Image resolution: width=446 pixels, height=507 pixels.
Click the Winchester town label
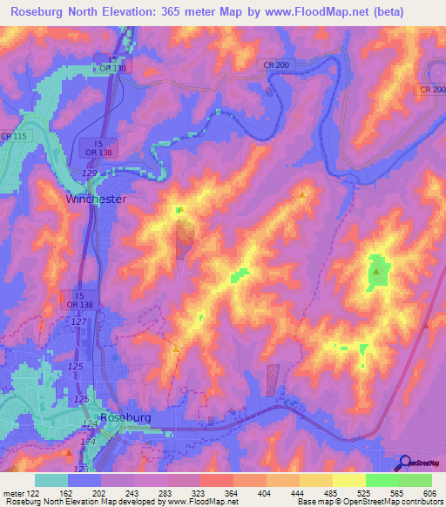[97, 199]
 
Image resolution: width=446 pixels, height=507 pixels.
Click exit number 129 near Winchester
[89, 175]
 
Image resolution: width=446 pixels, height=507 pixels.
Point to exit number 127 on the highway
[78, 321]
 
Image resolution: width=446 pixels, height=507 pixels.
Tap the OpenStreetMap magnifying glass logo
[403, 463]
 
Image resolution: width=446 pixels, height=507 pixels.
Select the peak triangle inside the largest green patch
[376, 272]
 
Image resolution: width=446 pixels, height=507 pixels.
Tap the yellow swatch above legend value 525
[348, 480]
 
